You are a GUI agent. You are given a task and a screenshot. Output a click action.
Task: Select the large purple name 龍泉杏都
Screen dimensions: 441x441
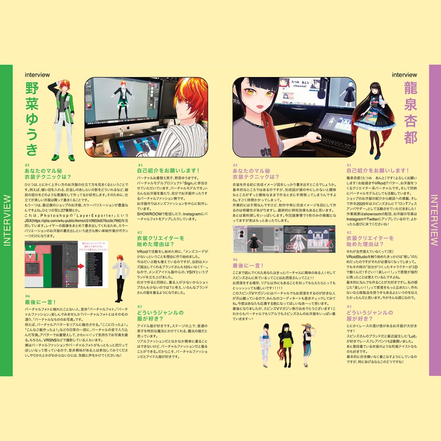tap(410, 113)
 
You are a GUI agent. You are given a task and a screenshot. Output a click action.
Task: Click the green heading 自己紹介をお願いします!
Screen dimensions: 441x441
tap(169, 171)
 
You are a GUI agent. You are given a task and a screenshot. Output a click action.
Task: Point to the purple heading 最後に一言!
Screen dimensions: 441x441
tap(247, 266)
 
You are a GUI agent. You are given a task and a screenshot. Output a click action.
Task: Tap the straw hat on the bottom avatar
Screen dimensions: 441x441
tap(307, 326)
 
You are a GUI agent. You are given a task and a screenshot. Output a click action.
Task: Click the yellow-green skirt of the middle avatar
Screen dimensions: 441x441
tap(286, 344)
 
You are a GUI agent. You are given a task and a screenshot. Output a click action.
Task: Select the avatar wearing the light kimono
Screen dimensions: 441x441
tap(265, 345)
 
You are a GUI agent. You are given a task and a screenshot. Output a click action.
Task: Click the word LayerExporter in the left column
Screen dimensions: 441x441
tap(90, 215)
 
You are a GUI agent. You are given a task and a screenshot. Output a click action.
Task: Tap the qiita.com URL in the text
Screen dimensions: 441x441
tap(73, 220)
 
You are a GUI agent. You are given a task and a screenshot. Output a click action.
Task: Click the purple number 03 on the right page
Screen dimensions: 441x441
tap(349, 306)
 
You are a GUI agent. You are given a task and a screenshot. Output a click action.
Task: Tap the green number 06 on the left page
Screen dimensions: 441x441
tap(28, 296)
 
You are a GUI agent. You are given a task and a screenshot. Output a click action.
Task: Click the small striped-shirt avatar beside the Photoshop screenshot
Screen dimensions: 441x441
tap(120, 278)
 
